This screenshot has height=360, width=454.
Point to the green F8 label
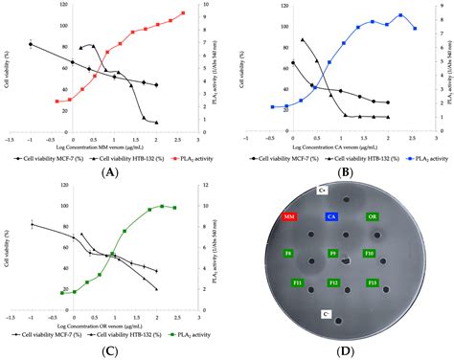[287, 254]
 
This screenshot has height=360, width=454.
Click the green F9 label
[331, 254]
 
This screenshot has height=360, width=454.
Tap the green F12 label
[332, 283]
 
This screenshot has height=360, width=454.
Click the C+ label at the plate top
[324, 191]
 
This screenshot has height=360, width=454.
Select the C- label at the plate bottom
[326, 313]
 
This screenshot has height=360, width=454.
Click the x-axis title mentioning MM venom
[108, 146]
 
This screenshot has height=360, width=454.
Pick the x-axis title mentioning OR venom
[108, 317]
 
